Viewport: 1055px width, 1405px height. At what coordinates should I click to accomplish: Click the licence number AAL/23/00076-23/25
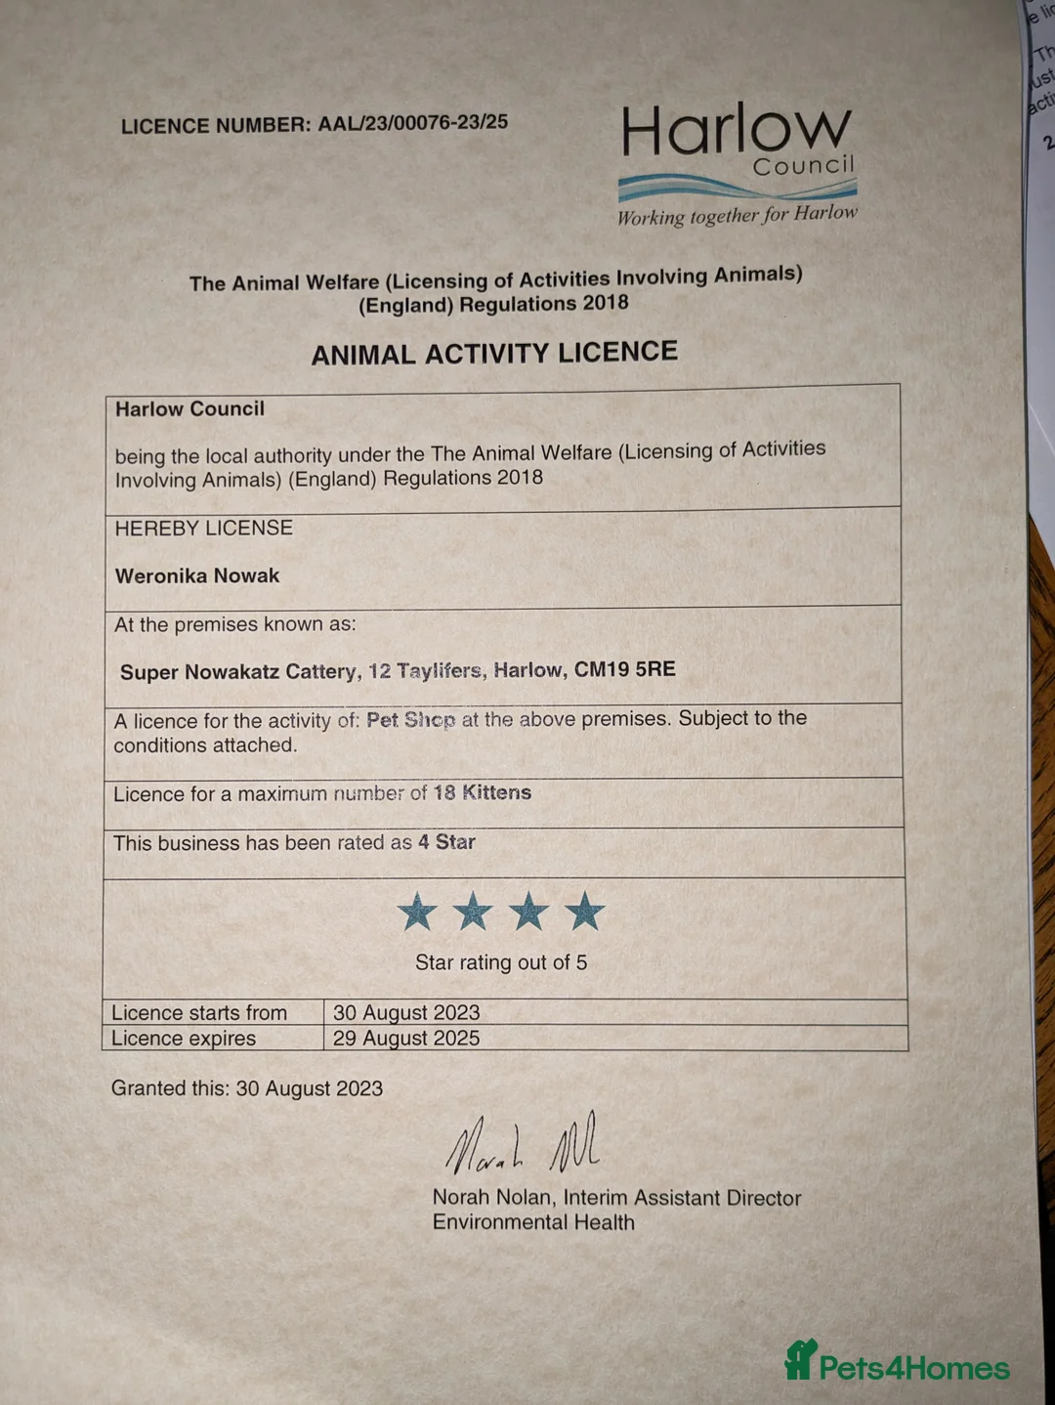(412, 123)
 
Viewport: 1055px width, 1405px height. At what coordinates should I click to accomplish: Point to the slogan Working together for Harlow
(737, 215)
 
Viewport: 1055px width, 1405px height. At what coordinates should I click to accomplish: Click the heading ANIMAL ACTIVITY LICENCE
(494, 353)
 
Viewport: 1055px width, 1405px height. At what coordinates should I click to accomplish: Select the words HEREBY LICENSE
(203, 529)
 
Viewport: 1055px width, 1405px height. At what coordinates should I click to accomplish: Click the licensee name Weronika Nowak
(197, 575)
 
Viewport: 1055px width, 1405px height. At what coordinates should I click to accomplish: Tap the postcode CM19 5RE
(624, 669)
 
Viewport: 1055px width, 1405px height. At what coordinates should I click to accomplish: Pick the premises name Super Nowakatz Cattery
(237, 672)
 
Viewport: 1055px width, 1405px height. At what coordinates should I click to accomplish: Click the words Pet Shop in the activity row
(410, 720)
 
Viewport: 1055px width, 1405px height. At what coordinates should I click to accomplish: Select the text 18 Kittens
(483, 792)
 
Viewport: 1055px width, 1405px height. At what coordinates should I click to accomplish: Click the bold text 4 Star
(446, 842)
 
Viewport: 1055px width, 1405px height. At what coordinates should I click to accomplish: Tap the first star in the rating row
(417, 912)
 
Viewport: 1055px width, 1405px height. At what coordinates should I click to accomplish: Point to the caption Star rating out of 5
(501, 962)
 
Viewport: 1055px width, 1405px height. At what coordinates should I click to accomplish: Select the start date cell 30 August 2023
(406, 1012)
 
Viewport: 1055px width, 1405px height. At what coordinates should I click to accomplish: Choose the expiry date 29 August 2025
(406, 1038)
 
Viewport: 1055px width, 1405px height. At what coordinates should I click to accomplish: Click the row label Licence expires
(184, 1038)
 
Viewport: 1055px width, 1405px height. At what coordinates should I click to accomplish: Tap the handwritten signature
(523, 1143)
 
